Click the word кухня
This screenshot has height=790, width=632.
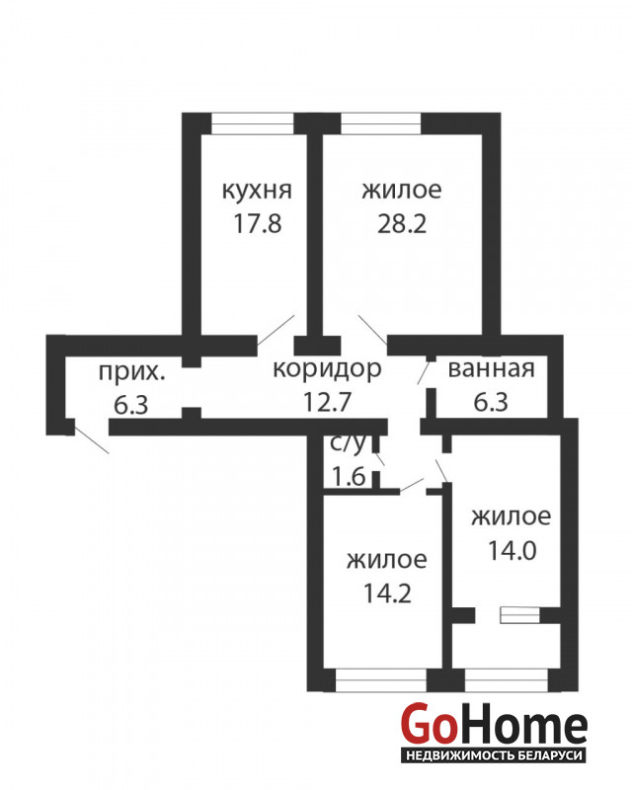click(x=257, y=192)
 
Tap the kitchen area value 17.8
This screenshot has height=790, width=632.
click(x=257, y=224)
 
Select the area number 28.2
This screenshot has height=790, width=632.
click(x=402, y=224)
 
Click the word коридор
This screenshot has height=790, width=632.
click(x=327, y=370)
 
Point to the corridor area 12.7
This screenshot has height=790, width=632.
click(x=327, y=402)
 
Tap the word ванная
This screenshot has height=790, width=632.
click(x=491, y=369)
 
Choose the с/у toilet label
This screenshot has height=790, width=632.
click(x=347, y=444)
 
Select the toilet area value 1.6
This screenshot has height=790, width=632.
click(x=349, y=476)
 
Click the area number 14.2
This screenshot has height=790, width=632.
click(x=387, y=593)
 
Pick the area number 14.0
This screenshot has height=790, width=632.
click(x=512, y=550)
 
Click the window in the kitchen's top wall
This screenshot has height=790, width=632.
click(x=253, y=124)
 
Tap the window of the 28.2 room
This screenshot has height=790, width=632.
click(x=381, y=124)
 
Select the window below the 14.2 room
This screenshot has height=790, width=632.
click(x=381, y=680)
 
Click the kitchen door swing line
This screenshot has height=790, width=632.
click(x=276, y=331)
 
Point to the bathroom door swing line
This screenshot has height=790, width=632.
click(x=424, y=373)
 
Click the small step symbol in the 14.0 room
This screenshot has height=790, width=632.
click(x=519, y=615)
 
